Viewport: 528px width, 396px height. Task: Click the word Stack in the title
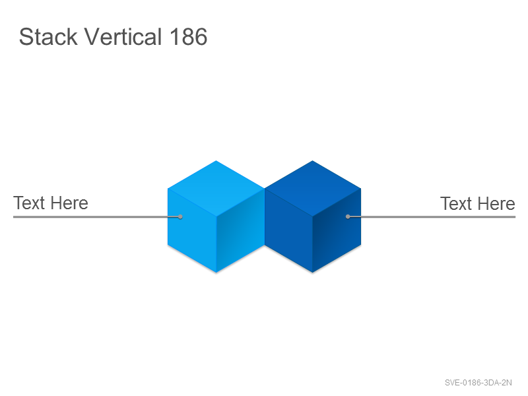click(x=48, y=36)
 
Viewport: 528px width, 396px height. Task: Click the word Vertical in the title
click(x=123, y=36)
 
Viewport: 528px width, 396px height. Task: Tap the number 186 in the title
click(x=188, y=37)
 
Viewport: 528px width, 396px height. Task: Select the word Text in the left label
click(x=29, y=203)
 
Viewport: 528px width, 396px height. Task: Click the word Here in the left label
click(x=69, y=203)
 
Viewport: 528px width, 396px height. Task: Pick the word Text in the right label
click(x=456, y=204)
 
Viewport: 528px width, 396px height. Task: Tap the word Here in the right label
click(x=496, y=204)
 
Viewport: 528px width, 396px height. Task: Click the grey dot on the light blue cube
click(x=180, y=216)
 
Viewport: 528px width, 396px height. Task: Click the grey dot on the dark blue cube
click(x=348, y=216)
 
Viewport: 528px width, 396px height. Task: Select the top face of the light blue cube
click(x=216, y=188)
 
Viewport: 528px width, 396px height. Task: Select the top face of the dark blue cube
click(x=312, y=188)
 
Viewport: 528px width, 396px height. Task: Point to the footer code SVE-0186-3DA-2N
click(x=478, y=383)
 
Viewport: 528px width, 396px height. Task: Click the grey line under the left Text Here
click(x=96, y=217)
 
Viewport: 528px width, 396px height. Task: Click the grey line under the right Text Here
click(x=432, y=217)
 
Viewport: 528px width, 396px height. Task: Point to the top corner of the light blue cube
click(x=216, y=160)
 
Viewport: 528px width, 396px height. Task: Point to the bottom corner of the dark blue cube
click(x=312, y=273)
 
